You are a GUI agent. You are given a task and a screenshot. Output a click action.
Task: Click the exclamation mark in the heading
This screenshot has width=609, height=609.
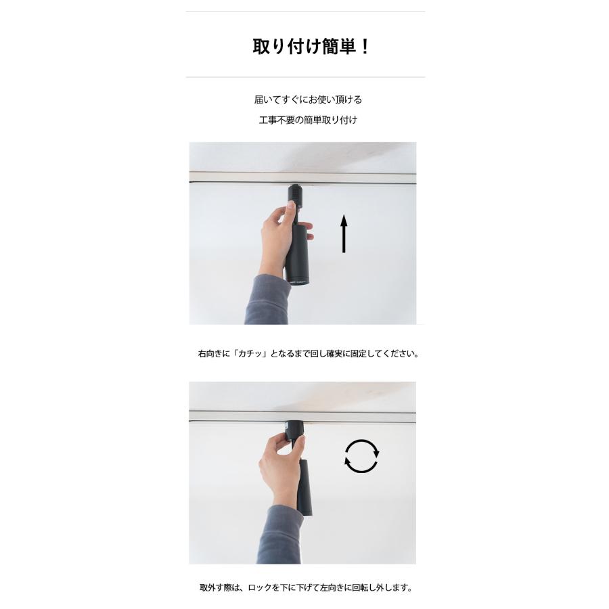(365, 47)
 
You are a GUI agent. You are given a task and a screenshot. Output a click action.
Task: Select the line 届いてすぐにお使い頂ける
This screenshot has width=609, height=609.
(308, 99)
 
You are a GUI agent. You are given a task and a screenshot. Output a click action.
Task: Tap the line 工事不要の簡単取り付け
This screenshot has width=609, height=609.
(308, 120)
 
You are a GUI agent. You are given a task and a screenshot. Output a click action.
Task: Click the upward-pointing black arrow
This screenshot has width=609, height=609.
(344, 233)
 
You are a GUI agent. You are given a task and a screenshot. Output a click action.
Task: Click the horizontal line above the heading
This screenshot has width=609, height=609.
(305, 12)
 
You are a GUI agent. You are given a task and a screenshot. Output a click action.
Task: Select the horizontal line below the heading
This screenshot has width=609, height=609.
(305, 77)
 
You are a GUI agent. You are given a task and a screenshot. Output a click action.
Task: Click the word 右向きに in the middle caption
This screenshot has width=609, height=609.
(212, 354)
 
